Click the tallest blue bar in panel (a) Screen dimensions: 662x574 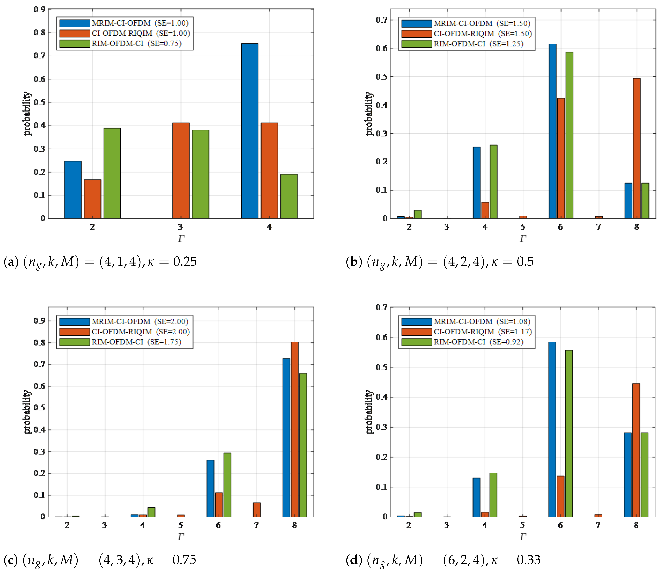(x=250, y=131)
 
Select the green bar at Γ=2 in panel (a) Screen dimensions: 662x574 (x=112, y=173)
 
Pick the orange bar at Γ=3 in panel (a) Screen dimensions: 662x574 (x=181, y=171)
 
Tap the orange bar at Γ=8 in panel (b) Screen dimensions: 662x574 (x=637, y=148)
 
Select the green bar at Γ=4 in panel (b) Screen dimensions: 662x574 (x=493, y=182)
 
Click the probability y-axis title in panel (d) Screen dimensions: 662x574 (x=369, y=412)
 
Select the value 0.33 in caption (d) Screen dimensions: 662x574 (x=529, y=560)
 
